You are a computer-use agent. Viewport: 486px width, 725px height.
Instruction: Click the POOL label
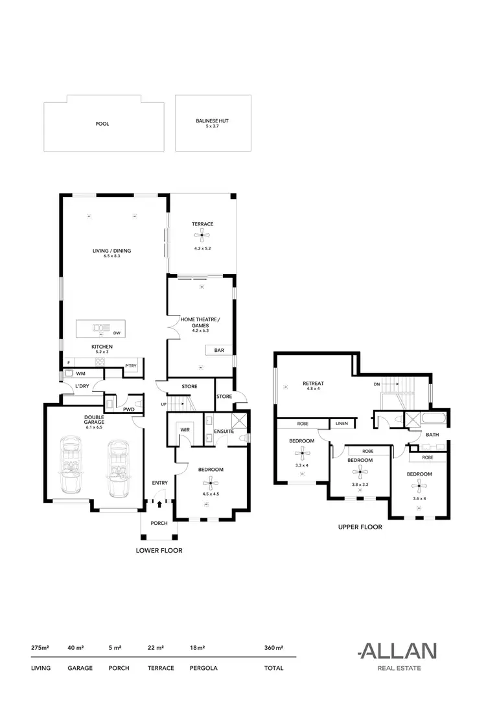click(102, 123)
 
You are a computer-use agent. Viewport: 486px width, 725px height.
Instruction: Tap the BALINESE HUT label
click(213, 121)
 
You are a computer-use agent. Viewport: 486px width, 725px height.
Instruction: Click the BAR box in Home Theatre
click(219, 351)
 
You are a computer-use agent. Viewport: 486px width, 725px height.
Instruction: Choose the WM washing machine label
click(81, 374)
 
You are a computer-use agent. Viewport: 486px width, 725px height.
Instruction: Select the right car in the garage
click(117, 465)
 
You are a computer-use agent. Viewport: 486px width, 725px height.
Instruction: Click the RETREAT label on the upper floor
click(313, 384)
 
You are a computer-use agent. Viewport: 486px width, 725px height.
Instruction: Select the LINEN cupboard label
click(341, 424)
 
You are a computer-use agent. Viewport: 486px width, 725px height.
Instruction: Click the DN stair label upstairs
click(376, 384)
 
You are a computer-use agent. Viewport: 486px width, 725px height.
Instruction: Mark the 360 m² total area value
click(274, 647)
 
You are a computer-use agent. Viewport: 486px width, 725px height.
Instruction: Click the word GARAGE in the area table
click(80, 668)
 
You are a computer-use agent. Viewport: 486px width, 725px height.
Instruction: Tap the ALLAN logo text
click(397, 651)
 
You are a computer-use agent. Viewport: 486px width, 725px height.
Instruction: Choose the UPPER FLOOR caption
click(360, 527)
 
